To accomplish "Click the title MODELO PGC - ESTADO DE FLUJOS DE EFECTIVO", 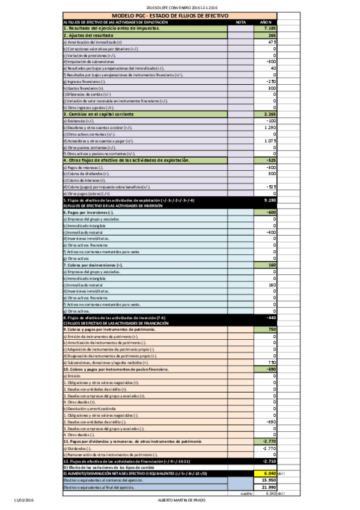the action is pos(169,16).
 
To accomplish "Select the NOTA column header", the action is pos(240,22).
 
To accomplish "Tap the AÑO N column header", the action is pos(266,22).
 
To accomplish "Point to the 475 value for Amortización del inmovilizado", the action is pos(271,42).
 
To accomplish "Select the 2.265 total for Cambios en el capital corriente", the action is pos(269,114).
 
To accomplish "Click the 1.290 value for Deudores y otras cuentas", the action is pos(270,127).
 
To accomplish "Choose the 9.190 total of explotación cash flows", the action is pos(269,200).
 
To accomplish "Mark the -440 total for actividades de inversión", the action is pos(270,317).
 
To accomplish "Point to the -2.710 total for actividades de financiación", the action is pos(268,461).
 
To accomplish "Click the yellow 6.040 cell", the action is pos(269,473).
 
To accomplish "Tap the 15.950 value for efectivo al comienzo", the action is pos(268,480).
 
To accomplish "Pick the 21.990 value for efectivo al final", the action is pos(268,487).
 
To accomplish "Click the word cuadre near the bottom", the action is pos(245,493).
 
